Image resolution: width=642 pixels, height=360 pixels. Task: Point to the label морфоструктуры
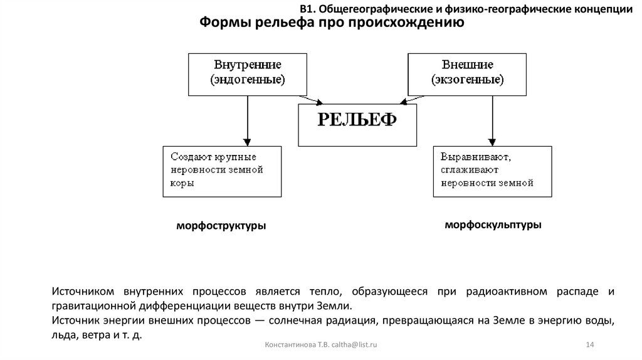221,226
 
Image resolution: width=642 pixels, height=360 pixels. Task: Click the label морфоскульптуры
493,225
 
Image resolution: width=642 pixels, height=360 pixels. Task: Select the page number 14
589,346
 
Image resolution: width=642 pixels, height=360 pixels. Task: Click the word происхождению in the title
414,23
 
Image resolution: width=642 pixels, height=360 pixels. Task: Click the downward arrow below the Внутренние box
248,122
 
